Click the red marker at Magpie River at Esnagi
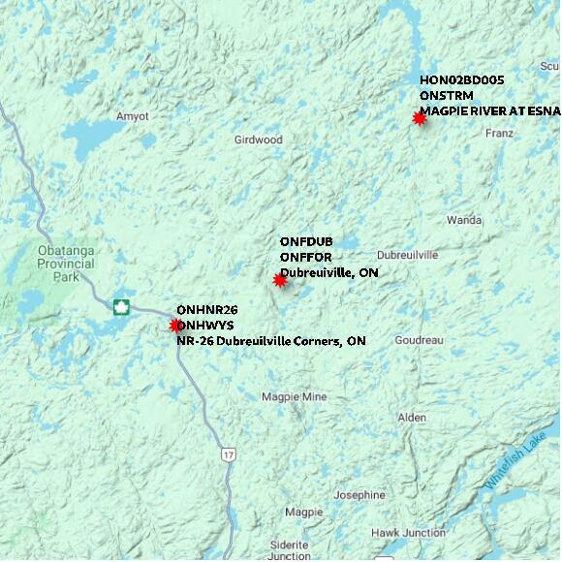420,118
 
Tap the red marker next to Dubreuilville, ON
280,280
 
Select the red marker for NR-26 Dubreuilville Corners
176,326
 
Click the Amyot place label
133,116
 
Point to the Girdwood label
258,140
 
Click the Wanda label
464,220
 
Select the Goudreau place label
419,340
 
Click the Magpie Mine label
295,397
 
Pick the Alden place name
412,418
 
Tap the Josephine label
359,494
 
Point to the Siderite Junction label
290,550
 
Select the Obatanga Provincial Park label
66,263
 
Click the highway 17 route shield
228,453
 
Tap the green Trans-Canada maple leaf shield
121,307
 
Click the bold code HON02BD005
461,79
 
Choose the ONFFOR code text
305,257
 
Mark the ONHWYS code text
204,325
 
